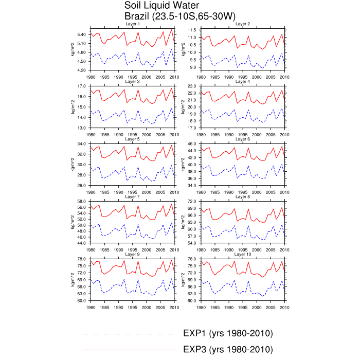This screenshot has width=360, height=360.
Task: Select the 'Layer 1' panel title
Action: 132,24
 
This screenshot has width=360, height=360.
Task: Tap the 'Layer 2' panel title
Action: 243,24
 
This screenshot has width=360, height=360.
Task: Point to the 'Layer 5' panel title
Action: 132,139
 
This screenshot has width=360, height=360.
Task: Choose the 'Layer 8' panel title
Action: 243,196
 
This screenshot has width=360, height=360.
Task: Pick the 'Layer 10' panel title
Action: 243,254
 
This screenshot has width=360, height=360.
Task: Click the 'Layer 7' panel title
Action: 132,196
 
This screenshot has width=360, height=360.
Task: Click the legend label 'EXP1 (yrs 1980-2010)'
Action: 228,334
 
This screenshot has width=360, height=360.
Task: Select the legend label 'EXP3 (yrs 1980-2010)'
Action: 228,350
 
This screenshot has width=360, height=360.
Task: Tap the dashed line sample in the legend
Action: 129,334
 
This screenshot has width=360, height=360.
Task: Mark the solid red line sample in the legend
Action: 129,350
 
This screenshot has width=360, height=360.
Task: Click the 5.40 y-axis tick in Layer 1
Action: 81,34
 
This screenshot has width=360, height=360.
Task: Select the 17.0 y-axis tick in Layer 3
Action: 82,85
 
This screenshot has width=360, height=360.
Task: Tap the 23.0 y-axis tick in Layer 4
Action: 191,85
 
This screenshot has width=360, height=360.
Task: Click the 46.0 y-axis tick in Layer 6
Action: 191,143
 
